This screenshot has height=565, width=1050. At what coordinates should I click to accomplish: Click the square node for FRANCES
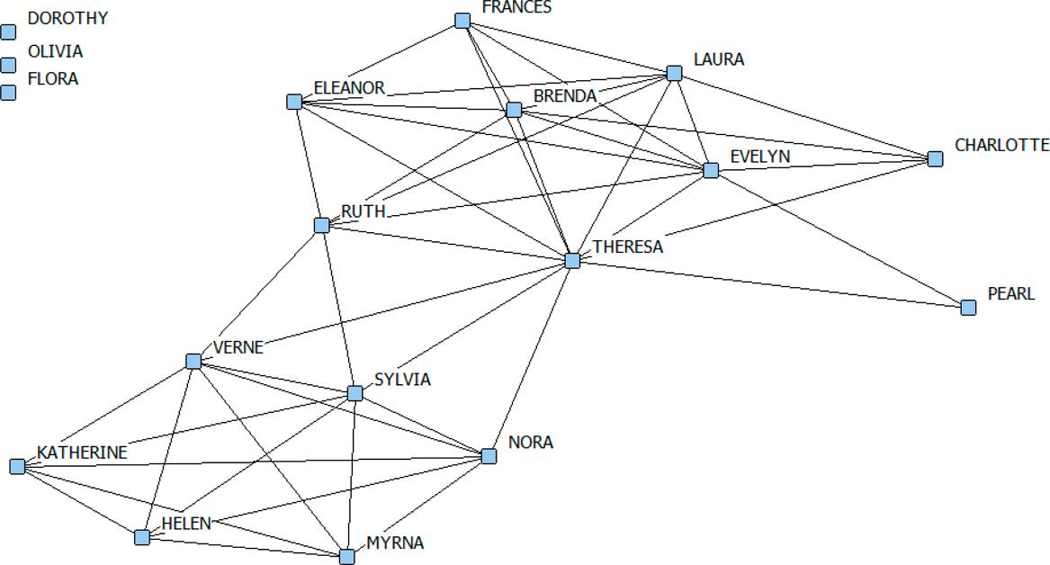click(x=462, y=21)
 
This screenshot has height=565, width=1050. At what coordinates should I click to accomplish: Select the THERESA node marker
click(x=573, y=261)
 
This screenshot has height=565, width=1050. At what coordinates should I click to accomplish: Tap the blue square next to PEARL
click(x=968, y=308)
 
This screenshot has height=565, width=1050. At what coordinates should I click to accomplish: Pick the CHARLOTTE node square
click(x=935, y=159)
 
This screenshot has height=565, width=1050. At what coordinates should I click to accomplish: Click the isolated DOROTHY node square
click(x=9, y=32)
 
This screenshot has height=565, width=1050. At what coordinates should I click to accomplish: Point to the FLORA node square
click(x=9, y=93)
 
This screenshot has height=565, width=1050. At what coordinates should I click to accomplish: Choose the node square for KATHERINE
click(x=17, y=466)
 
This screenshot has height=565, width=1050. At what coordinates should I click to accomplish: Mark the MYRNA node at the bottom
click(x=347, y=557)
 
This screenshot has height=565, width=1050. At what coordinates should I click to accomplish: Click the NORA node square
click(x=489, y=456)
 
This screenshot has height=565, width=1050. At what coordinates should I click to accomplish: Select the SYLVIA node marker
click(x=354, y=393)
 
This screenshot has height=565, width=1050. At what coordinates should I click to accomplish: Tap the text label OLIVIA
click(x=55, y=51)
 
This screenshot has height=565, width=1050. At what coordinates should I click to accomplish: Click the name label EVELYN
click(x=759, y=157)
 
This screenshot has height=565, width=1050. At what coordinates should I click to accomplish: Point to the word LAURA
click(x=718, y=59)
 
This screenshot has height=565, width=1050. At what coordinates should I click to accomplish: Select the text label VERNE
click(x=238, y=347)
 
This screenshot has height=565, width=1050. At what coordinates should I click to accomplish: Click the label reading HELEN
click(x=186, y=524)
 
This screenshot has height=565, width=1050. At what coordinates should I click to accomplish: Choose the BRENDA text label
click(x=564, y=95)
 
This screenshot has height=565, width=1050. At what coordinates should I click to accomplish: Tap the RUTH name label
click(x=363, y=211)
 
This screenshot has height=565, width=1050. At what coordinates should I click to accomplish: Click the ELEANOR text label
click(x=349, y=87)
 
